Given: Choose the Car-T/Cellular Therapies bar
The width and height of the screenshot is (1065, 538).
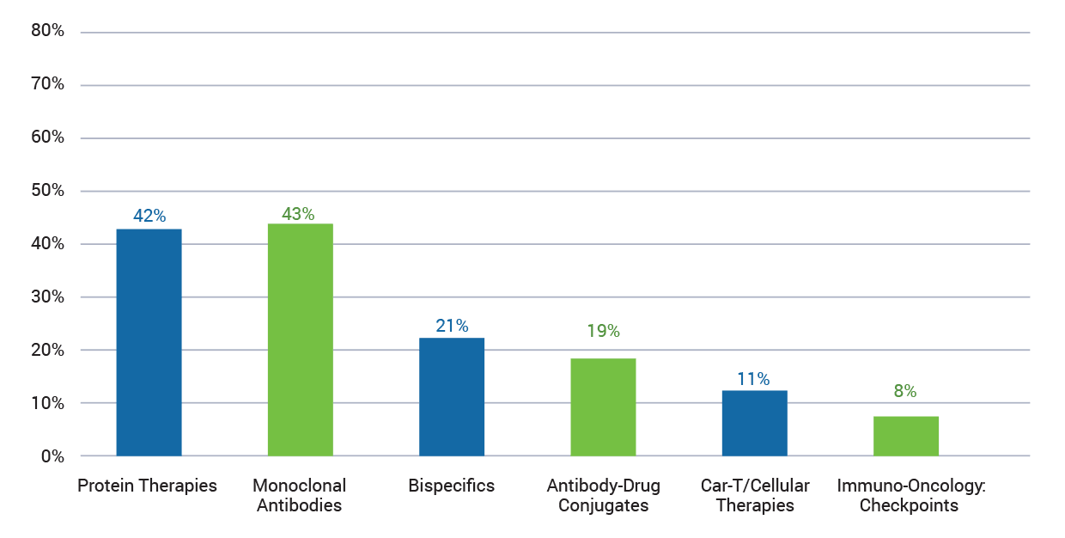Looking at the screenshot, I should (754, 423).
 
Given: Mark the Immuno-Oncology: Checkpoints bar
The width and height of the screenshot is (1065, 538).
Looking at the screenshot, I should (905, 436).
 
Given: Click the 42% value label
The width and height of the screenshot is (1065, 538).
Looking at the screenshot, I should (149, 216).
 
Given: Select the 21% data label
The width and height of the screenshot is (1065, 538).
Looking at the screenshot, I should (451, 326).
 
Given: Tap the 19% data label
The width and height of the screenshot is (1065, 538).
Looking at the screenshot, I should (603, 331).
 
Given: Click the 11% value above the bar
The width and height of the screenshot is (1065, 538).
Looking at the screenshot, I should (753, 379).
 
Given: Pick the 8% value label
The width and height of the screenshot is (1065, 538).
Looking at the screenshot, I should (904, 391).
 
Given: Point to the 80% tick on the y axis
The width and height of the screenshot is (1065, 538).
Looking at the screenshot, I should (47, 32).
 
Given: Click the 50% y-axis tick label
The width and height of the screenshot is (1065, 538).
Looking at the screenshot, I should (47, 191).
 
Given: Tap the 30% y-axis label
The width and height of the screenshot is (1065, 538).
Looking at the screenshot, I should (47, 297).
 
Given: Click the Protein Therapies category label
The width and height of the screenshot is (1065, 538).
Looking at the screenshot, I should (147, 486).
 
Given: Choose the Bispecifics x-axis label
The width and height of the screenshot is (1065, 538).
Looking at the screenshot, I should (452, 486).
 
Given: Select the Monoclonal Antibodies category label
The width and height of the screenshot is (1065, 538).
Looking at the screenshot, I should (299, 495).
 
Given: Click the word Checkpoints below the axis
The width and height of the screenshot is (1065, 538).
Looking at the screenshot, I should (909, 505).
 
